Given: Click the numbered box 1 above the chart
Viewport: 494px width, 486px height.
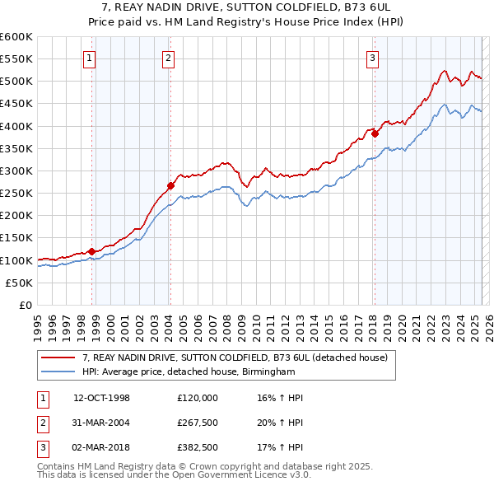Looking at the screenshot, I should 88,58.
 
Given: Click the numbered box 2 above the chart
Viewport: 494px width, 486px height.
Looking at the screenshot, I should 167,58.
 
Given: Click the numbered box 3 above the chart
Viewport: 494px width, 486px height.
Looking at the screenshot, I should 372,58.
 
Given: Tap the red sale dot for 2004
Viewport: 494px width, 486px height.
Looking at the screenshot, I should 170,185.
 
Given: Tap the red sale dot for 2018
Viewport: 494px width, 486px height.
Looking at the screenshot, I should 375,133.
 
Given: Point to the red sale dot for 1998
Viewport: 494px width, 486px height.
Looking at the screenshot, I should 92,251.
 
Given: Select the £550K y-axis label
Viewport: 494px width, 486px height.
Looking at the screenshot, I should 16,59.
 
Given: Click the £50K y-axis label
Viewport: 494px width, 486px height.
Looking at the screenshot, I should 19,283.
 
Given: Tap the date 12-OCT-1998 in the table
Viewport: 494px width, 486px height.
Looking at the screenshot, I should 102,398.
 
